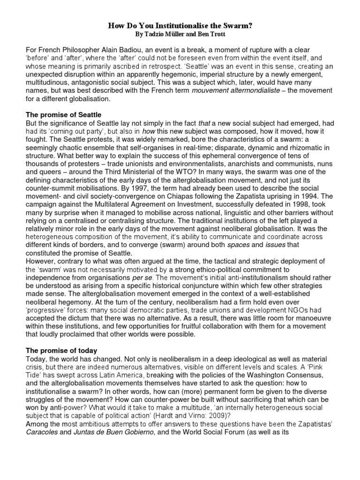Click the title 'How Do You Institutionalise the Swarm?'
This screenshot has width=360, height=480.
coord(180,26)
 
